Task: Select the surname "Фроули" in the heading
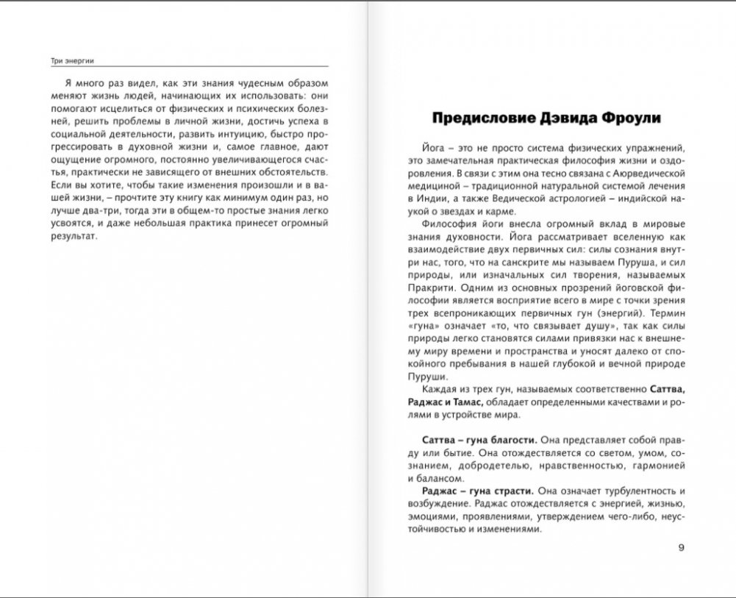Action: click(x=632, y=118)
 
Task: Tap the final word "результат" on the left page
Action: click(x=69, y=238)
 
